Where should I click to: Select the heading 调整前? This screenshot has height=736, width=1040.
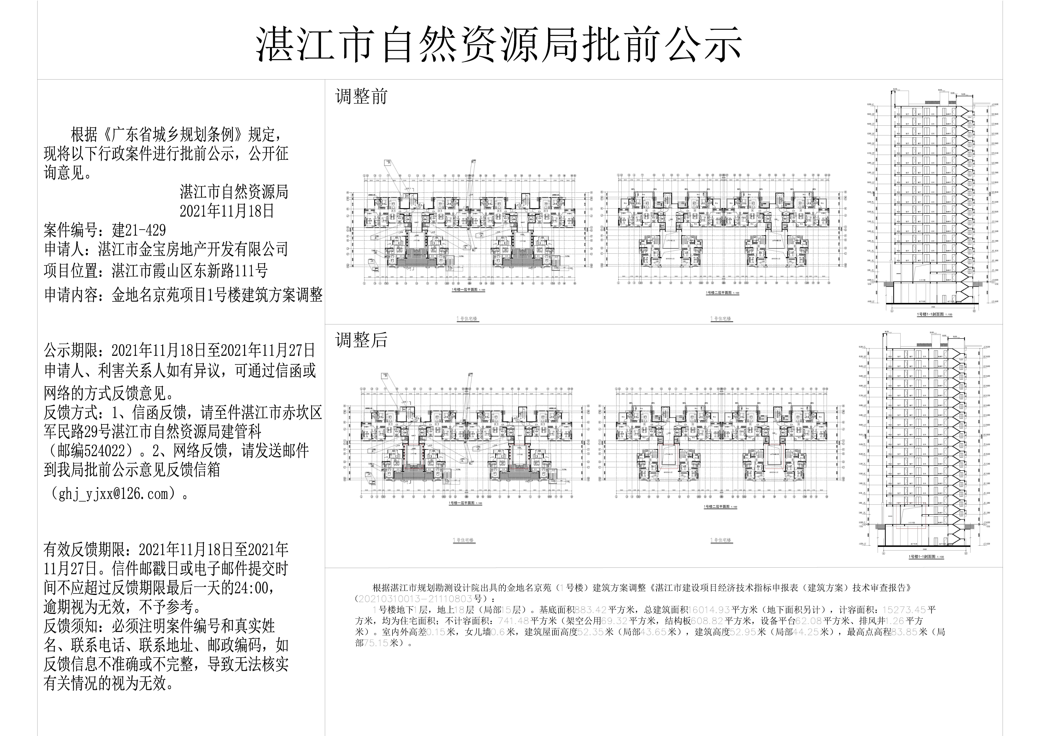point(361,97)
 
